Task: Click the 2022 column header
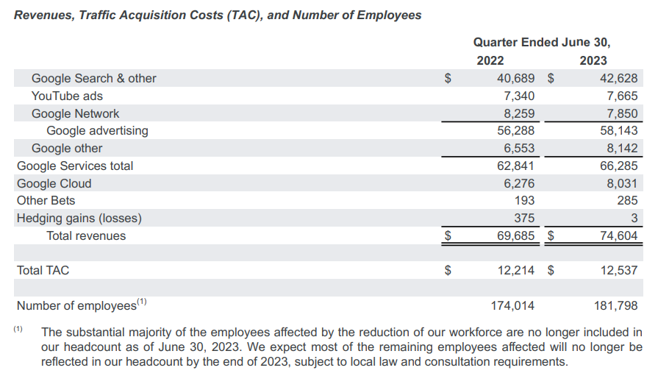(x=490, y=60)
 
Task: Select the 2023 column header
(x=593, y=60)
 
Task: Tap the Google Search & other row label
(x=93, y=78)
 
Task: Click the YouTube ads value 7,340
(x=519, y=96)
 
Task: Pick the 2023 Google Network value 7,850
(x=622, y=113)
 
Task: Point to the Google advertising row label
(x=97, y=131)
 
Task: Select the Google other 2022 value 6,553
(x=519, y=149)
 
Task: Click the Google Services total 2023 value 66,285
(x=618, y=166)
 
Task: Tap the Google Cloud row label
(x=54, y=184)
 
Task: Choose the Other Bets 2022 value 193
(x=524, y=200)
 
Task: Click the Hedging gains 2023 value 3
(x=634, y=218)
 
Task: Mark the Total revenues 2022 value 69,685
(x=516, y=235)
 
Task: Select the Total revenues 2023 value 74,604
(x=618, y=235)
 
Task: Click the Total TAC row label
(x=43, y=270)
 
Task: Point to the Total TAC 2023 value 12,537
(x=618, y=270)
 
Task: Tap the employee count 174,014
(x=513, y=305)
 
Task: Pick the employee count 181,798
(x=615, y=305)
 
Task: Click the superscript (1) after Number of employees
(x=142, y=302)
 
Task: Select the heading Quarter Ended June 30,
(x=542, y=43)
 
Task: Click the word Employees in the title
(x=389, y=15)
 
